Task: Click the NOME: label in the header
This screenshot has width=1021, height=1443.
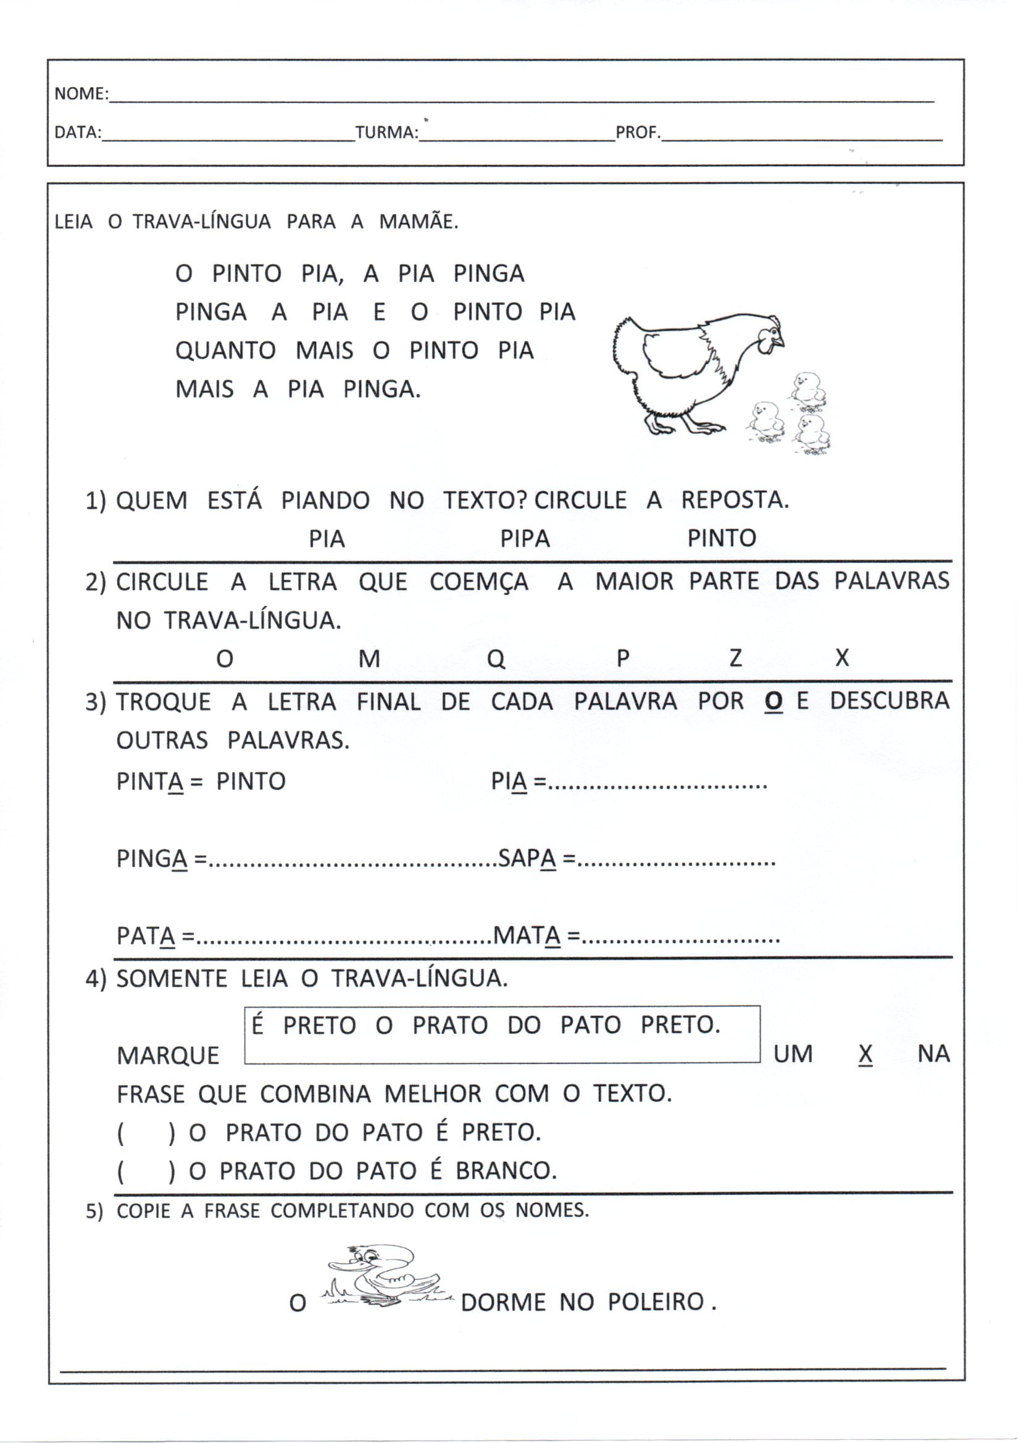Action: (x=81, y=94)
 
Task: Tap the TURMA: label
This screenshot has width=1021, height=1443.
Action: (x=386, y=133)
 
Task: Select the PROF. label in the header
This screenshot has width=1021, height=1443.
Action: (x=638, y=133)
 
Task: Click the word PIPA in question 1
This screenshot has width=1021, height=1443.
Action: (x=525, y=539)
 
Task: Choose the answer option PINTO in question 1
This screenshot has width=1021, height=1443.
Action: (x=721, y=538)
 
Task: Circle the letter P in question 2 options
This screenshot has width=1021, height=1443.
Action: (x=622, y=658)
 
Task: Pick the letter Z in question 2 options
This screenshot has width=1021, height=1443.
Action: (x=735, y=658)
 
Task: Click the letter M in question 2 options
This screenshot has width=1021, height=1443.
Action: (x=369, y=659)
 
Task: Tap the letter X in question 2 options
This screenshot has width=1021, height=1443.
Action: (x=842, y=658)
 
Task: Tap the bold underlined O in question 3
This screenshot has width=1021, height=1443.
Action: (x=773, y=701)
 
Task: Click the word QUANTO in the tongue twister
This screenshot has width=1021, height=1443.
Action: (x=225, y=351)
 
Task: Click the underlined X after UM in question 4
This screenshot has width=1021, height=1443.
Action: (x=865, y=1054)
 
